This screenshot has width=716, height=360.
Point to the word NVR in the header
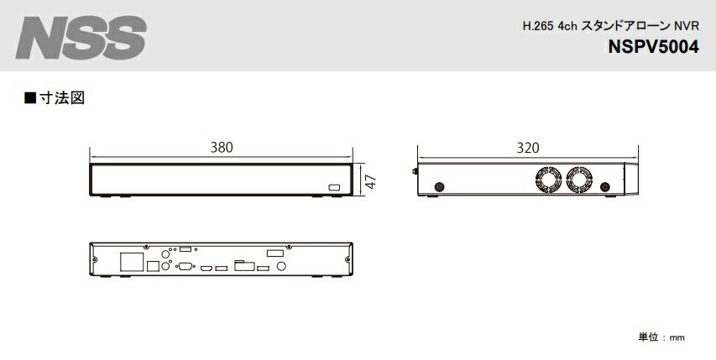(687, 26)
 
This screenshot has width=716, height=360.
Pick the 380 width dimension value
(221, 148)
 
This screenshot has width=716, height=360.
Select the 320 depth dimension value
(527, 148)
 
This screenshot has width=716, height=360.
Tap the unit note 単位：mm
(662, 337)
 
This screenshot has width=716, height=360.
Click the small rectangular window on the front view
(334, 186)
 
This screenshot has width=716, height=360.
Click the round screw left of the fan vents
(440, 186)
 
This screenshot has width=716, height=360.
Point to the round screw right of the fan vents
(605, 186)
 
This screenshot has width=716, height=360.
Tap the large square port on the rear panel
(130, 260)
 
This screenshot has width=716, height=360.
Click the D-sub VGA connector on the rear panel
(183, 266)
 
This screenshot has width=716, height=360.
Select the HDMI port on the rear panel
(205, 268)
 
